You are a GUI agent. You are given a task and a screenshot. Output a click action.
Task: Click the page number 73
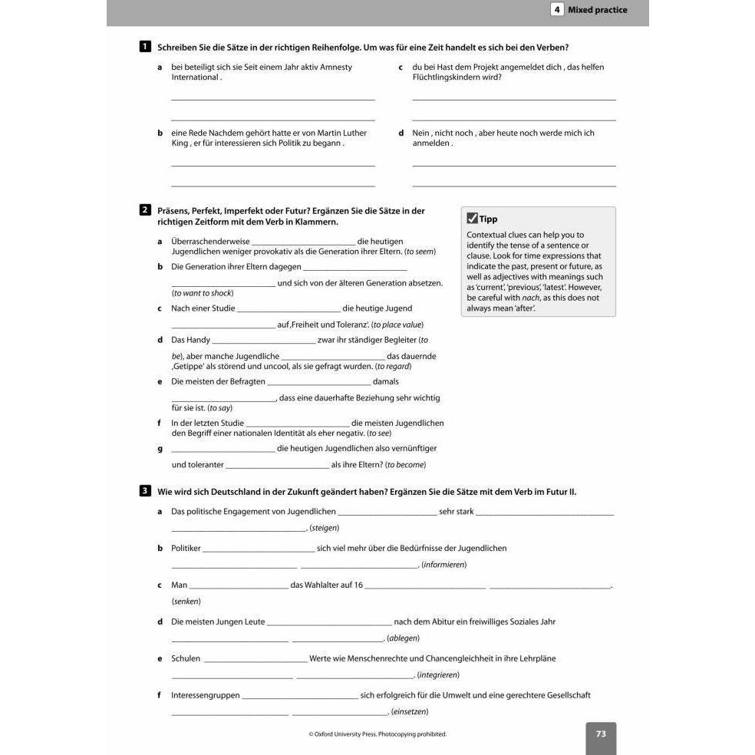coord(601,734)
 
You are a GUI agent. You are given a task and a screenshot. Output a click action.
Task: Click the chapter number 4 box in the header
coord(557,10)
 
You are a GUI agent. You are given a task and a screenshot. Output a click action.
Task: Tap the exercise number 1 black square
coord(145,47)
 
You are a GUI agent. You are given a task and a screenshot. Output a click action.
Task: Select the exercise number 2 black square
coord(145,210)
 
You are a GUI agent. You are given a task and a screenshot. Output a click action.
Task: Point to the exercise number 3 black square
coord(145,491)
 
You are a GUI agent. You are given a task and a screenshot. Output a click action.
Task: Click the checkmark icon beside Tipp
coord(472,219)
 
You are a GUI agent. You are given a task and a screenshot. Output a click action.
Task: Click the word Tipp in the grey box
coord(488,219)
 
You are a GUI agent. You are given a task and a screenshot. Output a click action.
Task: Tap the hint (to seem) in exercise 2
coord(420,252)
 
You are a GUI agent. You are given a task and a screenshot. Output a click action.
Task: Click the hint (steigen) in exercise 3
coord(324,528)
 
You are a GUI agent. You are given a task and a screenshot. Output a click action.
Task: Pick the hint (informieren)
coord(443,565)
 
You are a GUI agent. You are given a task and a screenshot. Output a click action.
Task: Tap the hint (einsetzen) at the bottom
coord(410,712)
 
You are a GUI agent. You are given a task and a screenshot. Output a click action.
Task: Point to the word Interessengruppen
coord(206,695)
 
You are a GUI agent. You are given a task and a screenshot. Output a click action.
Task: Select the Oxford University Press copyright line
coord(377,734)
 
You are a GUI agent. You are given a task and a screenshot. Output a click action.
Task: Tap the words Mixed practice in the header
coord(597,10)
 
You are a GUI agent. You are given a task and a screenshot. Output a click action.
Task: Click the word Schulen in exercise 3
coord(186,658)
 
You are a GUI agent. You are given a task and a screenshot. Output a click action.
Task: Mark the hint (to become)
coord(405,465)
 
